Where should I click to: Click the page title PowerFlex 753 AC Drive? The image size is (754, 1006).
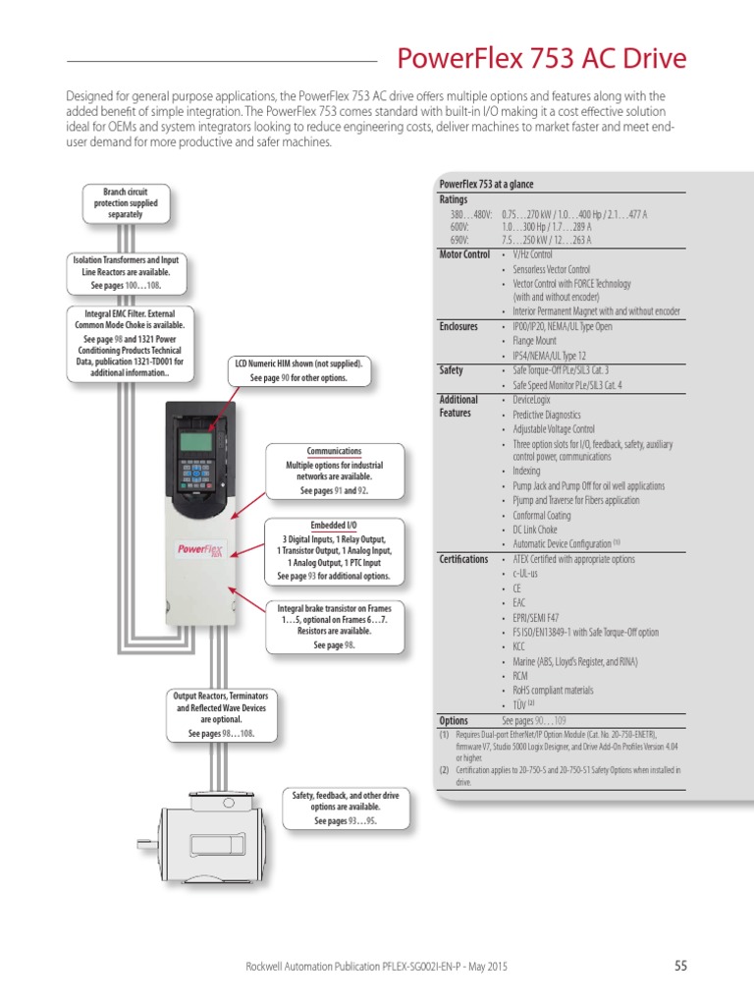pos(541,59)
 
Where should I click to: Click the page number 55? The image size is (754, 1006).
pos(680,967)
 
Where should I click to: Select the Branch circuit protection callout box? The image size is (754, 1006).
pos(125,202)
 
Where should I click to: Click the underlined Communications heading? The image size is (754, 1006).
pos(334,451)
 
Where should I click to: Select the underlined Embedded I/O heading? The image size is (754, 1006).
pos(334,526)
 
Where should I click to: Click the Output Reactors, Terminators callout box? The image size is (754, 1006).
pos(220,714)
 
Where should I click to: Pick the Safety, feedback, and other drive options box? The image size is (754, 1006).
pos(346,808)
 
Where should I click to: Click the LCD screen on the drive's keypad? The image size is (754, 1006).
pos(197,442)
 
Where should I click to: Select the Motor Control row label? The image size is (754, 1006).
pos(463,254)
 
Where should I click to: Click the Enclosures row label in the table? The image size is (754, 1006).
pos(458,326)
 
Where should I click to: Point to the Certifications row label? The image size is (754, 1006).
pos(462,559)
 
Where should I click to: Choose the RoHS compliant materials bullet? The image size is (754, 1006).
pos(553,691)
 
